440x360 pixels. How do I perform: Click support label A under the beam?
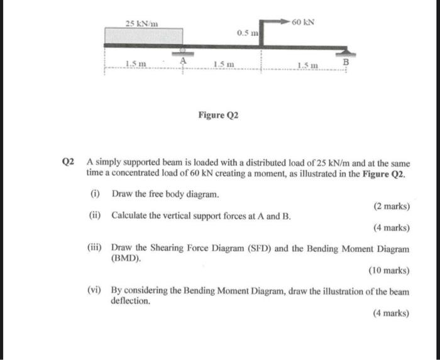point(184,60)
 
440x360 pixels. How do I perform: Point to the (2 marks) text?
point(391,206)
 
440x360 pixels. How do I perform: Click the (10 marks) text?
point(388,271)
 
